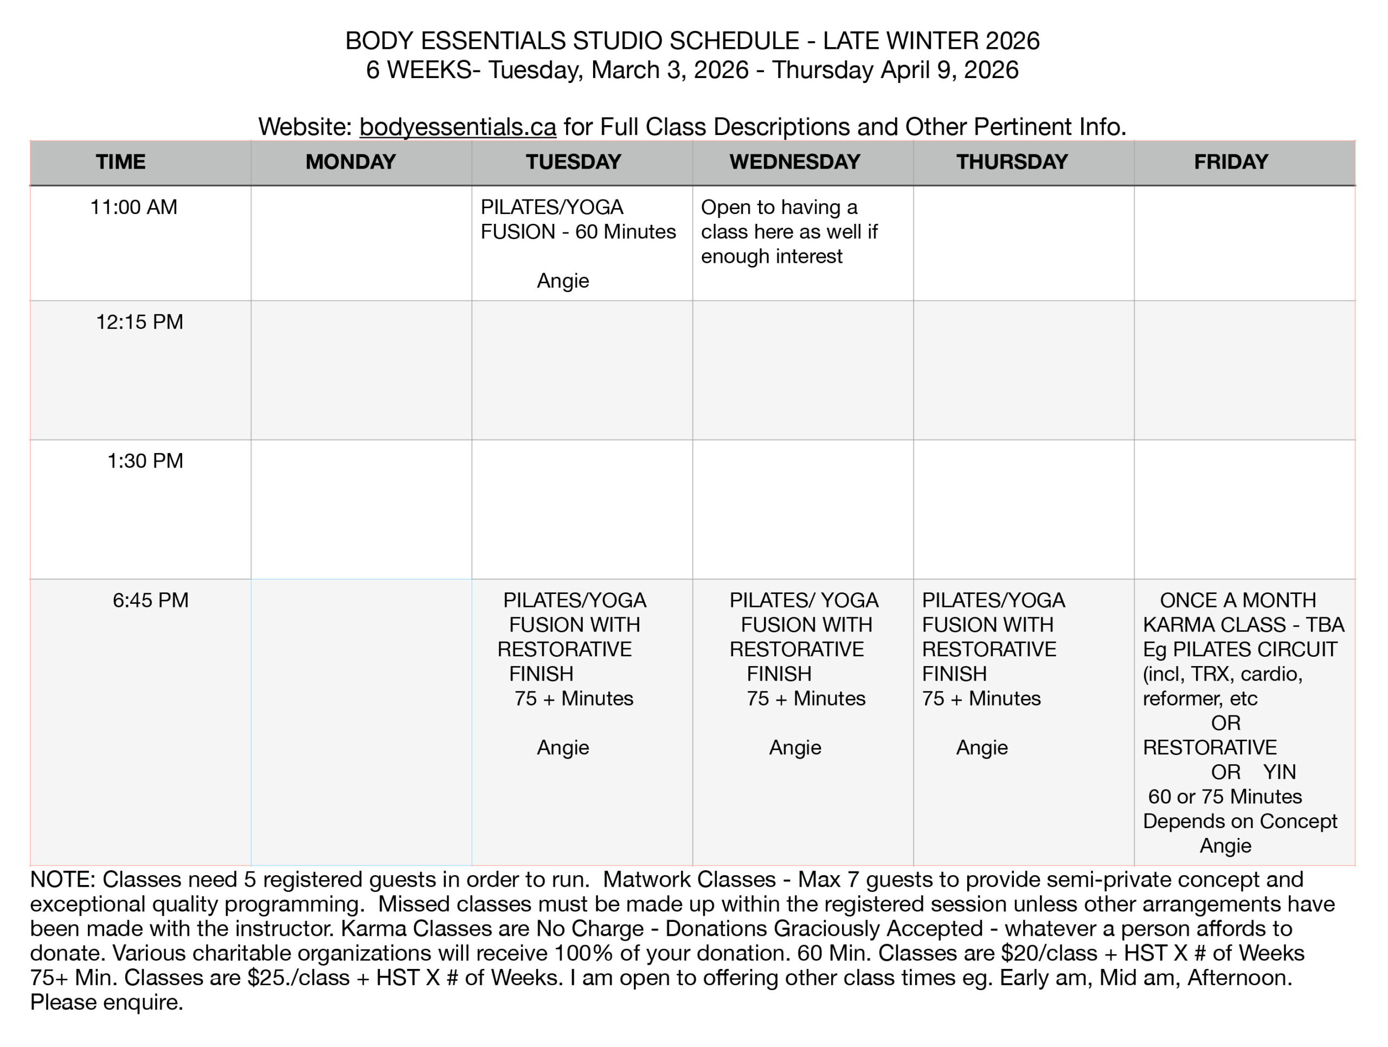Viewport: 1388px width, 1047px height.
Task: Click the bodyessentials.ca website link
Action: tap(458, 127)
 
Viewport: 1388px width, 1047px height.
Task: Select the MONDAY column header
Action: tap(350, 162)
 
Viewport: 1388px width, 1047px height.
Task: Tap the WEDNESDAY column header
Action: tap(794, 162)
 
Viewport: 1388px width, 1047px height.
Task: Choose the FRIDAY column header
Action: tap(1231, 162)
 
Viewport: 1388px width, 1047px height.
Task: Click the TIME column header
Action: tap(120, 162)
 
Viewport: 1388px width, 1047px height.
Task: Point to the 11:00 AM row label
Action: tap(134, 207)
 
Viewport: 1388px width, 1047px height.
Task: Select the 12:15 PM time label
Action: tap(139, 322)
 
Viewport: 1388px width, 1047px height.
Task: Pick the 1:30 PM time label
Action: tap(145, 461)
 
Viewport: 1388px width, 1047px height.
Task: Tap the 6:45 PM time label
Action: tap(151, 600)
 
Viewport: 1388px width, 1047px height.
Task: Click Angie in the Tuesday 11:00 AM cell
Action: tap(563, 280)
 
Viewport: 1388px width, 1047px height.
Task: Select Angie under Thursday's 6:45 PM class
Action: tap(982, 747)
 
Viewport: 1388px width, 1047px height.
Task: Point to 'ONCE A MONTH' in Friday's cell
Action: tap(1237, 600)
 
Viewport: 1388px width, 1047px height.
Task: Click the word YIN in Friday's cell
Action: tap(1280, 772)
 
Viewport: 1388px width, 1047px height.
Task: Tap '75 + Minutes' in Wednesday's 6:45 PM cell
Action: tap(806, 698)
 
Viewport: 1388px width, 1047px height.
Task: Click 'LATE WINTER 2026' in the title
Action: tap(931, 41)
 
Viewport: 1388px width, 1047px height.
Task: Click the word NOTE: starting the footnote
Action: tap(62, 880)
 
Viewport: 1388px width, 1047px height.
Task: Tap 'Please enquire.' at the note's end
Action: tap(107, 1003)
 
